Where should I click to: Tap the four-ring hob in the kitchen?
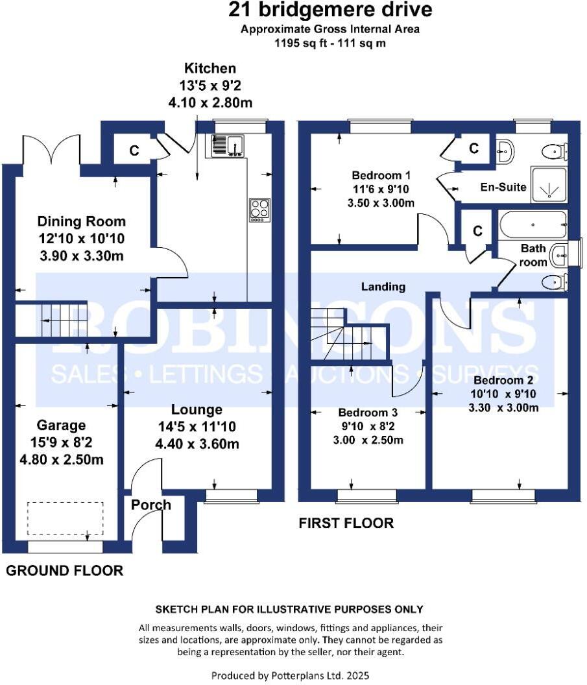coord(259,210)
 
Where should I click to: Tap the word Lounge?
coord(197,410)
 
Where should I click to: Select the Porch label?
coord(150,505)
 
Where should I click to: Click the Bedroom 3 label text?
coord(368,413)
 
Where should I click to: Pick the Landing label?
coord(383,286)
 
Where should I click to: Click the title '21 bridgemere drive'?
coord(330,11)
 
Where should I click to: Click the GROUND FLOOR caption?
coord(64,571)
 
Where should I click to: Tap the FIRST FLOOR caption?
coord(346,523)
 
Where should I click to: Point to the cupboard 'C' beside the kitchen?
coord(134,150)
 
